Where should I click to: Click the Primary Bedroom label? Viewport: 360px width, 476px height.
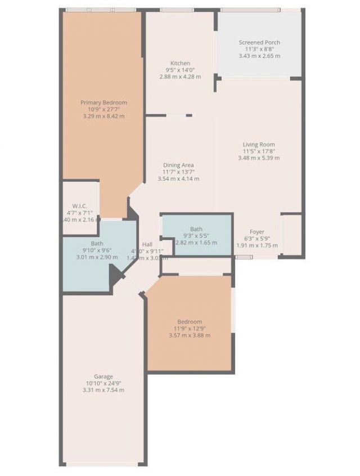103,102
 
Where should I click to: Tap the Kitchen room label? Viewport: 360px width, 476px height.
181,63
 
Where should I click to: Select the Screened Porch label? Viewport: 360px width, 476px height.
259,42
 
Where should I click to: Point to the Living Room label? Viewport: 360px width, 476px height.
259,145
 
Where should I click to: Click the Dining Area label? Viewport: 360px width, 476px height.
179,165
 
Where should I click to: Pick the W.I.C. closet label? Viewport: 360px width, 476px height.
78,205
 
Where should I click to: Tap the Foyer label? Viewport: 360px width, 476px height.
257,232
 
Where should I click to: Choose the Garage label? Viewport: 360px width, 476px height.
103,376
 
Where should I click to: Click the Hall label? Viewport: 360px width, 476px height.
147,244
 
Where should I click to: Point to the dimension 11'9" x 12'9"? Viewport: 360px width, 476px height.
190,329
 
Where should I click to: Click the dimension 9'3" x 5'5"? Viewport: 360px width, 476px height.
196,236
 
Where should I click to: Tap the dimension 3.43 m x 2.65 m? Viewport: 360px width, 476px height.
259,56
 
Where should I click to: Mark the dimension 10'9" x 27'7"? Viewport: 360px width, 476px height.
103,109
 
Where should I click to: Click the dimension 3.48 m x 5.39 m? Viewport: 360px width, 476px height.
259,158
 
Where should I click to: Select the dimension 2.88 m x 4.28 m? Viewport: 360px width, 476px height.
181,77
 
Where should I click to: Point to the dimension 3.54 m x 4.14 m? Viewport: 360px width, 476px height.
179,178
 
